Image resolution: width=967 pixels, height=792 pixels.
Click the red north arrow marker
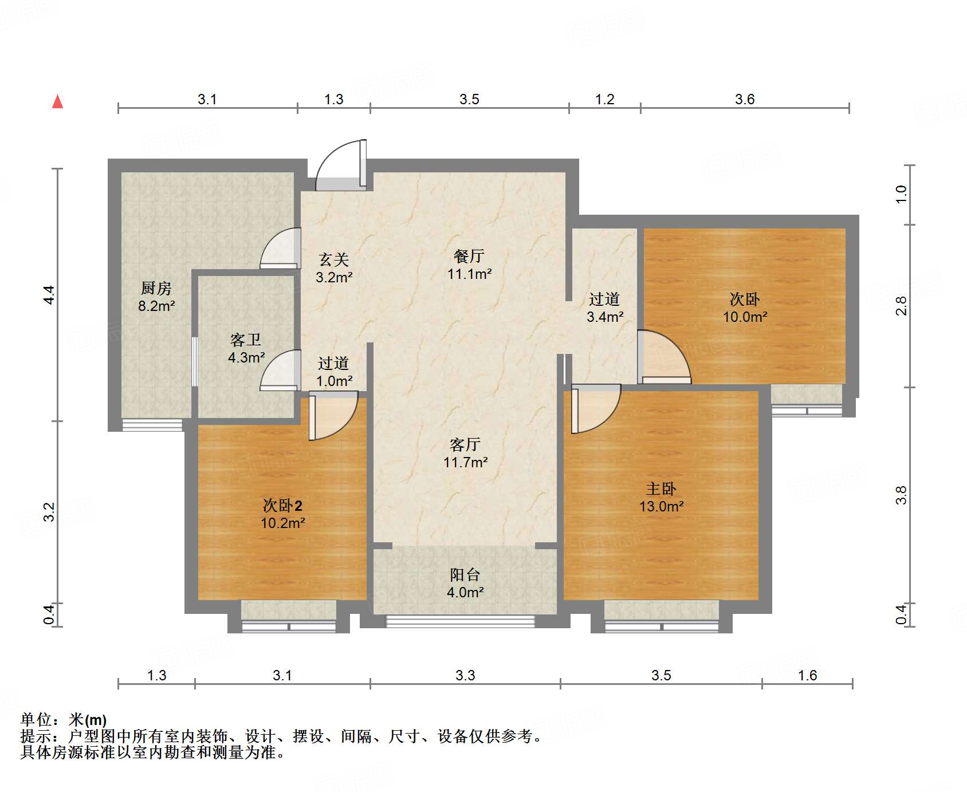pyautogui.click(x=58, y=101)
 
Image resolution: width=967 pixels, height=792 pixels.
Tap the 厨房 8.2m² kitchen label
pyautogui.click(x=156, y=297)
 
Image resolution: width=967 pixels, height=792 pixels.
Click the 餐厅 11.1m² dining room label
pyautogui.click(x=470, y=265)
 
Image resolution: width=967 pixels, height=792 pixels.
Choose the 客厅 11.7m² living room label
pyautogui.click(x=465, y=453)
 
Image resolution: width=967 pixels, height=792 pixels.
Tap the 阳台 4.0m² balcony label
pyautogui.click(x=465, y=584)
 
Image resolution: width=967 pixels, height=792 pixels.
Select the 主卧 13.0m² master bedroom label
pyautogui.click(x=662, y=498)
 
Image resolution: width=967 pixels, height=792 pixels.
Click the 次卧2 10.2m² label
pyautogui.click(x=282, y=514)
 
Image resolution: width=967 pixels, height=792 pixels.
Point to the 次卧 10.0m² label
pyautogui.click(x=745, y=308)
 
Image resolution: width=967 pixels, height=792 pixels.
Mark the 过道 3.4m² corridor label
pyautogui.click(x=605, y=308)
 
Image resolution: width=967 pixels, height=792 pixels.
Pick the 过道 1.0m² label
pyautogui.click(x=334, y=372)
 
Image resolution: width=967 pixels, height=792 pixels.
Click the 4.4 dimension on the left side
pyautogui.click(x=49, y=294)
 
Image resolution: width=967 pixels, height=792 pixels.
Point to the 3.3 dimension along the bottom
pyautogui.click(x=465, y=676)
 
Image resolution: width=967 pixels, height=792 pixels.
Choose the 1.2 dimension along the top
pyautogui.click(x=604, y=100)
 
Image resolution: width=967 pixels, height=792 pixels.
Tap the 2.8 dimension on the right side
pyautogui.click(x=901, y=306)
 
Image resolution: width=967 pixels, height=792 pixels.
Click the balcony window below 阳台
pyautogui.click(x=460, y=621)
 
